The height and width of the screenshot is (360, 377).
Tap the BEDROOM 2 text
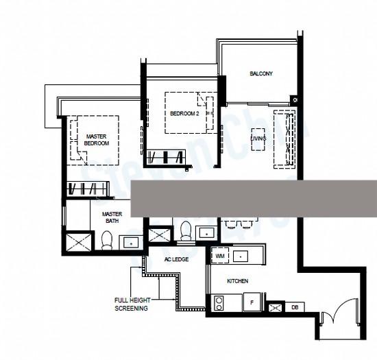click(x=184, y=113)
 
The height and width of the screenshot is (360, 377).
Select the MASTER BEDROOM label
click(x=97, y=140)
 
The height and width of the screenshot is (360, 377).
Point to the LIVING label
click(x=258, y=139)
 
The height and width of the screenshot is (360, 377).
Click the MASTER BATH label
click(x=112, y=217)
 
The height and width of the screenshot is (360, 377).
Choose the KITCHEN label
click(x=238, y=281)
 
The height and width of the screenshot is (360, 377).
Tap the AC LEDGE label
click(x=176, y=260)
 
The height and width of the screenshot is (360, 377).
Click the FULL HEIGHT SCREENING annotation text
click(x=131, y=304)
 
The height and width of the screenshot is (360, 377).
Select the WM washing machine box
click(x=220, y=256)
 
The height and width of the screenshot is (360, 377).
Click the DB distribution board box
click(x=295, y=308)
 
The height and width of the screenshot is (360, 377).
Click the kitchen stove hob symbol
click(x=221, y=302)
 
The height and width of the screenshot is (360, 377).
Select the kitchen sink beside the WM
click(x=241, y=256)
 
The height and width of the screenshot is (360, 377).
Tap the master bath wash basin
click(x=130, y=241)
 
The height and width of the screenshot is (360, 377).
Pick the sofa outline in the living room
click(x=282, y=139)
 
